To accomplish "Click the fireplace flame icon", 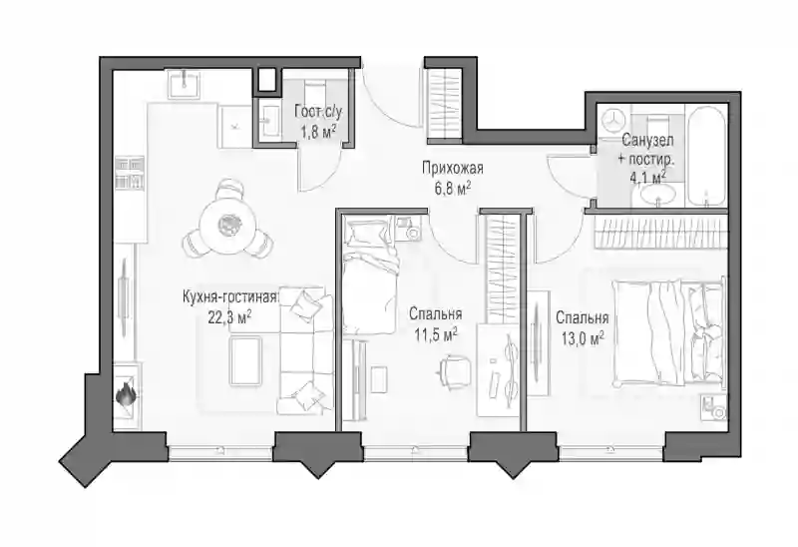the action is tap(126, 394).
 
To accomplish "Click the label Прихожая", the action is tap(453, 168).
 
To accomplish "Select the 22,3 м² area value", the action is tap(230, 317).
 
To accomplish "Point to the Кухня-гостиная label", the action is tap(230, 296).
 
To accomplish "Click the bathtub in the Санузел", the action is tap(706, 156).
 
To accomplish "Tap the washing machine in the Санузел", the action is tap(613, 119).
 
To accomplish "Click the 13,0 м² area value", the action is tap(583, 337).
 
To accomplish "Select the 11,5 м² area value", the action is tap(436, 334).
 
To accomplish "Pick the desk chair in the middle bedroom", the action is tap(453, 369).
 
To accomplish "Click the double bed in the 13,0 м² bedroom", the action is tap(668, 332).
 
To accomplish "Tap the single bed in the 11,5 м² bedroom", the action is tap(369, 275).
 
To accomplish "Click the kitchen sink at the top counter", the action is tap(184, 83).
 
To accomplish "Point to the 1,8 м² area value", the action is tap(318, 133).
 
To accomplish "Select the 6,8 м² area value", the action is tap(453, 189).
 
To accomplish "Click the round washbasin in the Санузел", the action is tap(658, 194).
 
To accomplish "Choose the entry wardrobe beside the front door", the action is tap(445, 104).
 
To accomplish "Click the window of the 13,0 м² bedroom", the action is tap(610, 449).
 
